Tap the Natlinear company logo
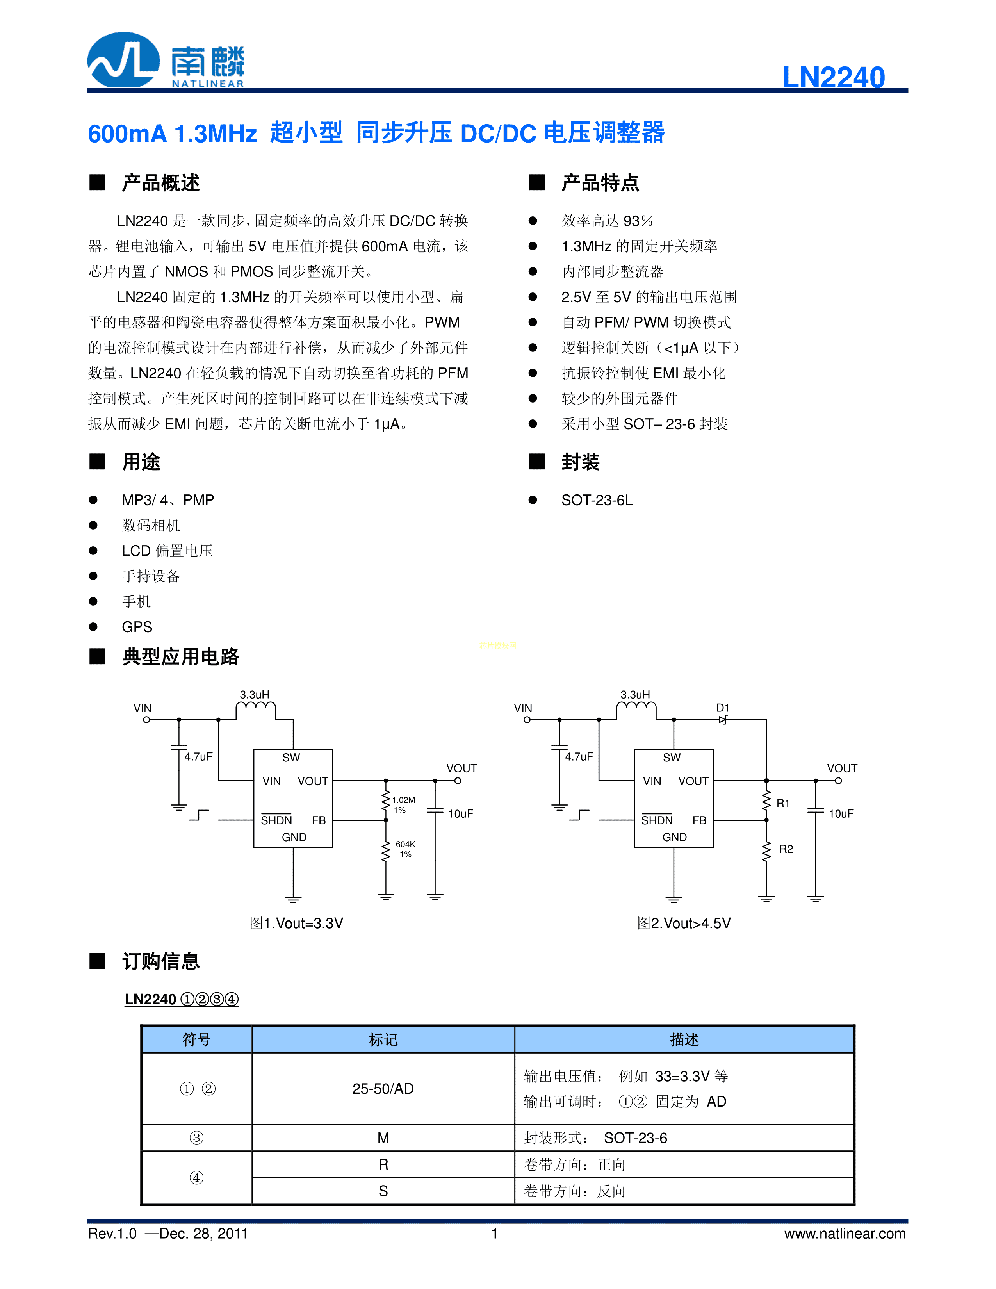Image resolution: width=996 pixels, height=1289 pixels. pos(165,61)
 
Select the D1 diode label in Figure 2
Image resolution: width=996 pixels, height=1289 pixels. pos(723,708)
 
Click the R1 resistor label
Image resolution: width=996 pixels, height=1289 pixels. pos(783,803)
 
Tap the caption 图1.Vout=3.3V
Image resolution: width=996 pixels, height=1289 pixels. pos(296,923)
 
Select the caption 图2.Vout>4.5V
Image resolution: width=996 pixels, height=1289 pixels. pos(684,923)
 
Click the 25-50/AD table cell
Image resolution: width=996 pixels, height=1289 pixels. pos(383,1089)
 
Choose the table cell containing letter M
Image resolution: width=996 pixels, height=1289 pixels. pos(383,1138)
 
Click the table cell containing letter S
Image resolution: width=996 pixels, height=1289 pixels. pos(383,1191)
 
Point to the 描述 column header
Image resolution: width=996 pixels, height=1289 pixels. pos(684,1040)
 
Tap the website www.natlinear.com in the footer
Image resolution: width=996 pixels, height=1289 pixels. pos(845,1234)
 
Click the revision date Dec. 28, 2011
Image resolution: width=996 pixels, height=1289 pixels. pos(203,1234)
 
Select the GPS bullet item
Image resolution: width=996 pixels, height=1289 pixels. pos(137,627)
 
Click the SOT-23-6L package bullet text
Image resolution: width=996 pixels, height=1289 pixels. pos(597,501)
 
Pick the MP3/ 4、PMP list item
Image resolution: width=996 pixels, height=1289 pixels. pos(167,501)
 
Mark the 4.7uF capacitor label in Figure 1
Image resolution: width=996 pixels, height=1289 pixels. pos(198,757)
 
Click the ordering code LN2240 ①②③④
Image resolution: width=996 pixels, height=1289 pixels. pos(182,999)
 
